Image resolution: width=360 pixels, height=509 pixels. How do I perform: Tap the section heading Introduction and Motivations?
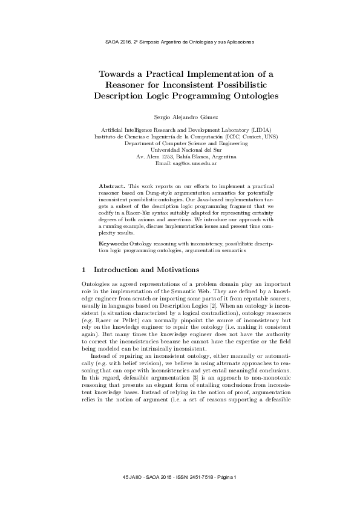pyautogui.click(x=152, y=268)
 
